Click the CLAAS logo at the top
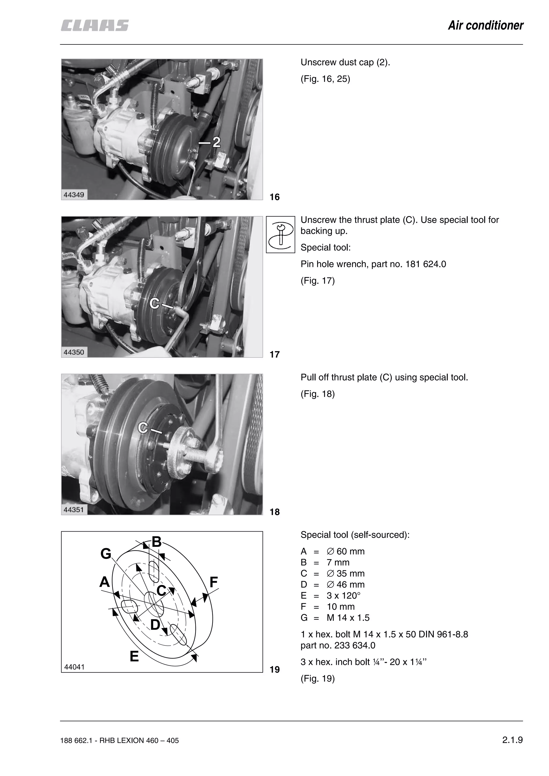click(x=95, y=26)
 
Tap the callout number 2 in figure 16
click(x=216, y=142)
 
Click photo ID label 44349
click(x=74, y=195)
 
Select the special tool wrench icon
click(x=280, y=234)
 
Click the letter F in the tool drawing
click(x=213, y=582)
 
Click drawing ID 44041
click(x=75, y=667)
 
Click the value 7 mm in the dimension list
click(x=338, y=562)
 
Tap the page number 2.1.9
click(x=512, y=740)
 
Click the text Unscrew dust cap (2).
click(x=345, y=63)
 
